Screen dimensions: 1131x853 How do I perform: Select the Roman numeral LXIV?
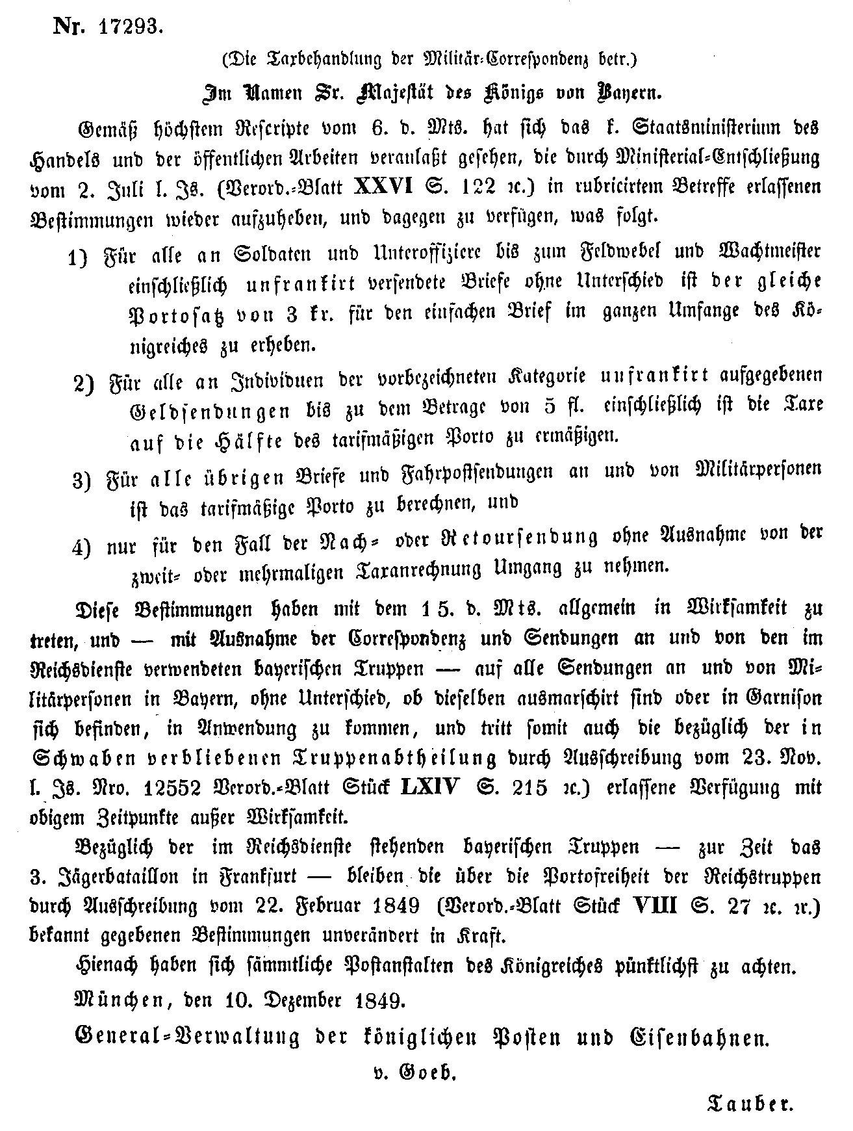429,787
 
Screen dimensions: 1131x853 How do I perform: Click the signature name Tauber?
750,1102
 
